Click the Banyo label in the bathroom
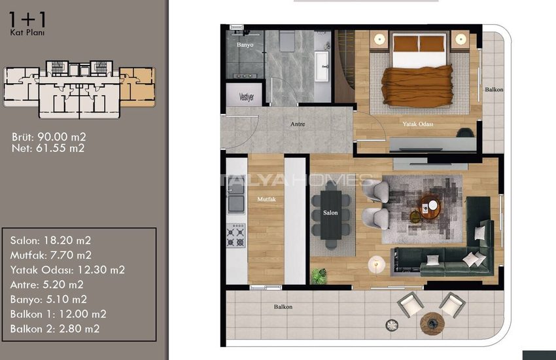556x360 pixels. pos(245,45)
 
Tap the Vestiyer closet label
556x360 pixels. pos(247,96)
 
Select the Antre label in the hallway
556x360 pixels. pos(298,124)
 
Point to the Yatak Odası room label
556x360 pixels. pos(418,124)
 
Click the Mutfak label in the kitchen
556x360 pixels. pos(266,200)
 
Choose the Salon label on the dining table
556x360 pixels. pos(330,213)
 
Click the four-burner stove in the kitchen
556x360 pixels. pos(235,236)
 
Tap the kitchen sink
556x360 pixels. pos(235,198)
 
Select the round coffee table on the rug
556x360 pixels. pos(430,206)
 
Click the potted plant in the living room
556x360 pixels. pos(319,276)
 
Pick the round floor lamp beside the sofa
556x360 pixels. pos(376,264)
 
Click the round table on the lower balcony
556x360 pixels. pos(432,323)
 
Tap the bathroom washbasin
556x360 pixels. pos(322,66)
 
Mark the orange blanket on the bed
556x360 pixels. pos(417,86)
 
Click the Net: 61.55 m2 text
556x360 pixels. pos(48,149)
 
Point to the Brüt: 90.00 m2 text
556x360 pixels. pos(49,137)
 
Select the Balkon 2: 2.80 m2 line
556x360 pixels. pos(55,329)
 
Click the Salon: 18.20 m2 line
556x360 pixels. pos(51,240)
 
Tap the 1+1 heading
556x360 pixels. pos(27,20)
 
